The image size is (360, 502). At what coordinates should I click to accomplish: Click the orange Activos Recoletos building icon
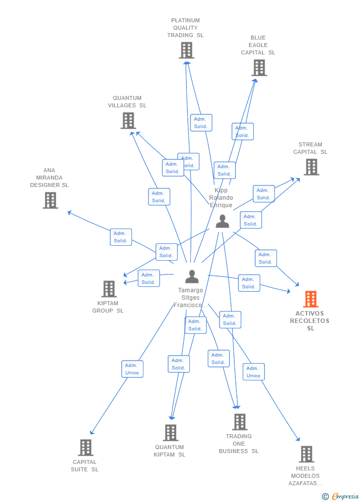click(311, 299)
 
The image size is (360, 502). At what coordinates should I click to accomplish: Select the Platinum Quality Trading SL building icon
click(186, 50)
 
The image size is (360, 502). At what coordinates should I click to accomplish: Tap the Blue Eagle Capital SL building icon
click(259, 68)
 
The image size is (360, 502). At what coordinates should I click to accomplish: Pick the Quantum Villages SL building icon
click(128, 121)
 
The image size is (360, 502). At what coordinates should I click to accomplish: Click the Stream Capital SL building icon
click(311, 167)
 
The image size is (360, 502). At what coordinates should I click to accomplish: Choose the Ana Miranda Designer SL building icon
click(50, 200)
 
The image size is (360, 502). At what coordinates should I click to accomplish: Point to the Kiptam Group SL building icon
click(109, 289)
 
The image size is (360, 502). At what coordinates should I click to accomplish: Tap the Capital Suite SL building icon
click(86, 448)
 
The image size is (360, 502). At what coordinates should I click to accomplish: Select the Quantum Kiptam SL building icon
click(171, 433)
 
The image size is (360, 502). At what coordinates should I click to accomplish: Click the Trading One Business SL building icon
click(240, 422)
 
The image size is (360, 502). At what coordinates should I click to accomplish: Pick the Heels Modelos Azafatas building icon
click(306, 454)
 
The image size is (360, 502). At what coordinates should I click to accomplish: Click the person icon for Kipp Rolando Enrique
click(223, 221)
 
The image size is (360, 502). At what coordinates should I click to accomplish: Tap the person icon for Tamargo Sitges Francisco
click(192, 276)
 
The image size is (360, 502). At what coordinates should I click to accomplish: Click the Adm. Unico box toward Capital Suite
click(132, 369)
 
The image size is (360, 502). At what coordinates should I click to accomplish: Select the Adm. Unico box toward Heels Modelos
click(253, 372)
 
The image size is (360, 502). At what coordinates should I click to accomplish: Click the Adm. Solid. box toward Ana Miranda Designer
click(121, 237)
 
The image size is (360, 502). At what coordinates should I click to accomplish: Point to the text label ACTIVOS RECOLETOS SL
click(310, 320)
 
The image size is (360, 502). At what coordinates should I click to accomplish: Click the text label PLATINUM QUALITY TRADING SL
click(185, 28)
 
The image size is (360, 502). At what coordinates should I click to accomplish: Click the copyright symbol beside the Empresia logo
click(325, 496)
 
